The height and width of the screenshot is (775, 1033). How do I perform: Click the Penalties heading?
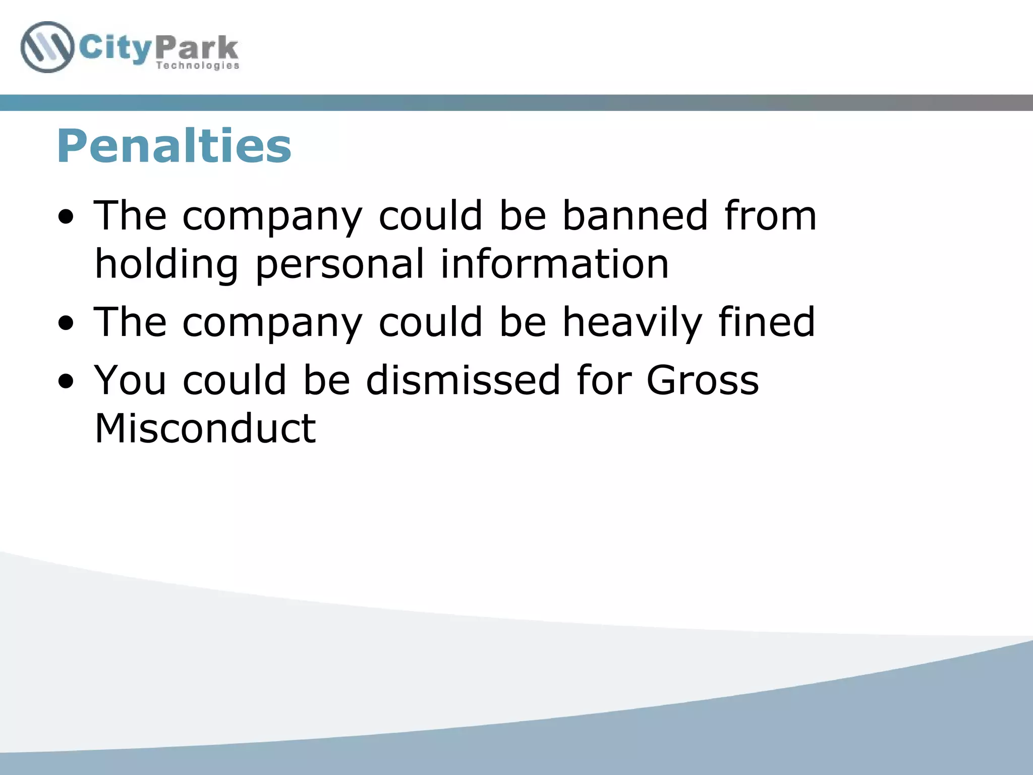click(x=174, y=146)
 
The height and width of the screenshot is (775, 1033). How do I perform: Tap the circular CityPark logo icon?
click(x=47, y=47)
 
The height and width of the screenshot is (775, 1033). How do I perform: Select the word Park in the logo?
click(x=197, y=48)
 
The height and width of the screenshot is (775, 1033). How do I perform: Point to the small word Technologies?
click(x=198, y=66)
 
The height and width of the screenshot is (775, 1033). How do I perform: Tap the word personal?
click(x=340, y=264)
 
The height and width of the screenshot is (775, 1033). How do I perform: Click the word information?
click(x=555, y=263)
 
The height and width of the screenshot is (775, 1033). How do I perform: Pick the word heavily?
click(x=633, y=323)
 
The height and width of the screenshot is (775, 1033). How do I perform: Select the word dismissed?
click(x=463, y=379)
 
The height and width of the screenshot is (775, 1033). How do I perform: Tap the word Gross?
click(x=703, y=379)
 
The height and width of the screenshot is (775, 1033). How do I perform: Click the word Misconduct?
click(x=205, y=428)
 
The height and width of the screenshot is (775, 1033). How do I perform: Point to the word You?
click(x=130, y=379)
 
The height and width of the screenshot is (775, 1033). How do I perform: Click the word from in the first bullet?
click(x=770, y=215)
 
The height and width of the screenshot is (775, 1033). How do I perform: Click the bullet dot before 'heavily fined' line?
click(x=66, y=324)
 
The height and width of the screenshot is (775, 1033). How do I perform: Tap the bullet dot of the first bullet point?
click(x=66, y=217)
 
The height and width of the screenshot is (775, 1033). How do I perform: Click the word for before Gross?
click(x=604, y=379)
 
